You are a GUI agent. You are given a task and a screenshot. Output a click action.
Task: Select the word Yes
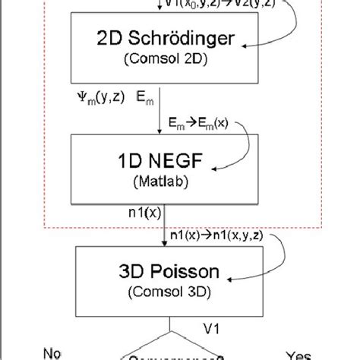click(298, 352)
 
